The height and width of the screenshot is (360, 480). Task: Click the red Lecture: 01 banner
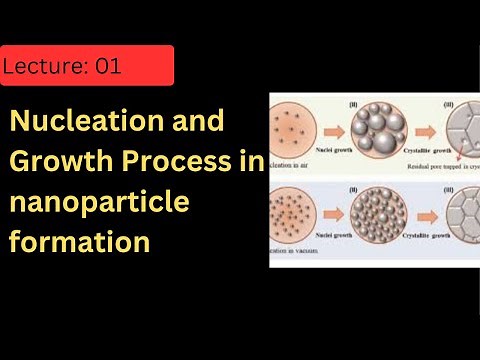[87, 66]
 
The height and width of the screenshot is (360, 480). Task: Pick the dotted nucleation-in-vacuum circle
[292, 211]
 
